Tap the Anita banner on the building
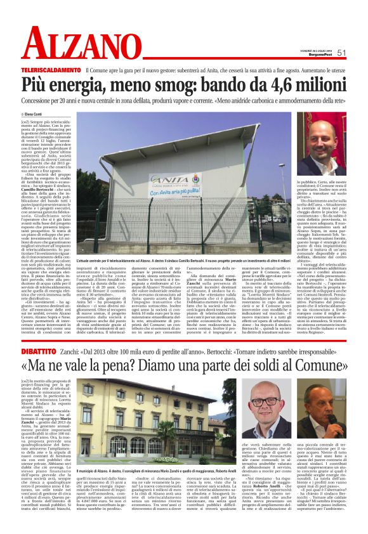176,185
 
